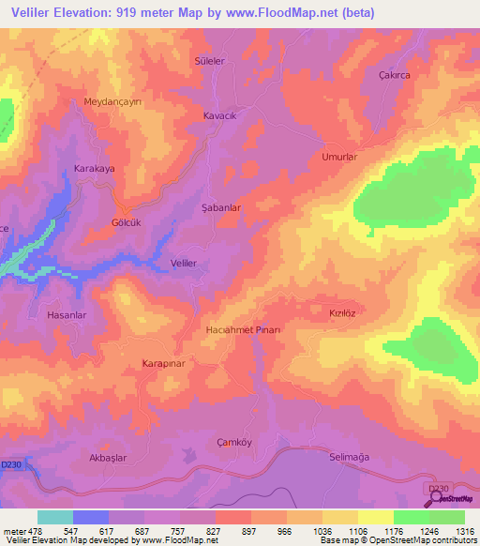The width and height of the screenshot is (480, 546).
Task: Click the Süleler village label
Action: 209,60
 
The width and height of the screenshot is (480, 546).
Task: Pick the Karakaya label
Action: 94,169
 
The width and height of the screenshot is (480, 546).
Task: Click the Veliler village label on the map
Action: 184,264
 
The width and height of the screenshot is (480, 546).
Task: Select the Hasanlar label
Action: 67,315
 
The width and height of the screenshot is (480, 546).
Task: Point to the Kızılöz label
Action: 344,311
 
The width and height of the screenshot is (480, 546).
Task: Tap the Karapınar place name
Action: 167,362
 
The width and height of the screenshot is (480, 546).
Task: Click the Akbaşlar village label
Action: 107,457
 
